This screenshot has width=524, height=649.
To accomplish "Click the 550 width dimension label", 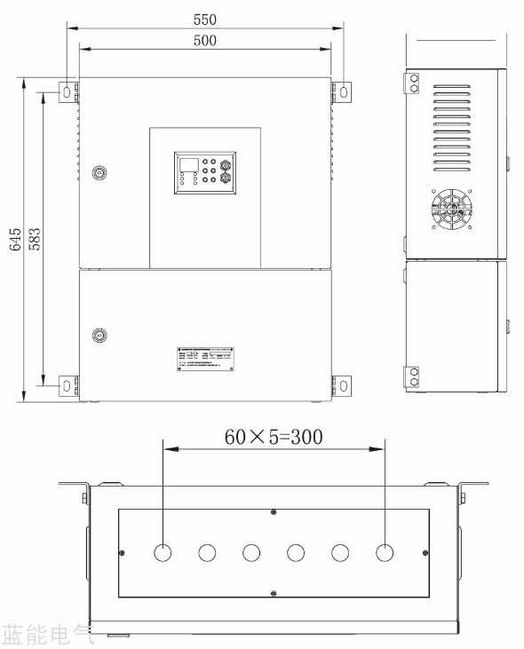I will (x=204, y=19).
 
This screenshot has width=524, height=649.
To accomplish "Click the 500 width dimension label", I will (x=204, y=40).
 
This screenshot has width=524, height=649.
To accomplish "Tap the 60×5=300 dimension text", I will (x=273, y=436).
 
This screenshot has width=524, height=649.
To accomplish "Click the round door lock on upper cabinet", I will (x=99, y=172).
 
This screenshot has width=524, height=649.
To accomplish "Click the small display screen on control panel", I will (x=187, y=164).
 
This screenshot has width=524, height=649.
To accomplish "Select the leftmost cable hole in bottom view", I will (x=163, y=552).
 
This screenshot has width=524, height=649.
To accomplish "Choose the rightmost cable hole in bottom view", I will (x=384, y=552).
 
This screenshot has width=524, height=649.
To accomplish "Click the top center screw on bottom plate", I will (x=274, y=511).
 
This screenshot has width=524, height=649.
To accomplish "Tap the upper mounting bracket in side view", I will (x=413, y=82).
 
